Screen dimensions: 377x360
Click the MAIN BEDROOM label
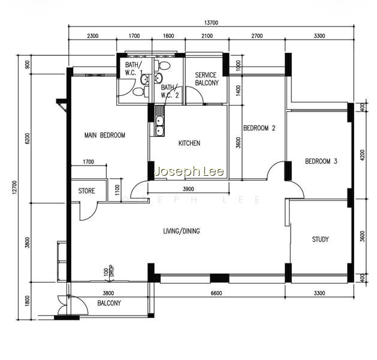point(104,135)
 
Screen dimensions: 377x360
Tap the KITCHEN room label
point(189,143)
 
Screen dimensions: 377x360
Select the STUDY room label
point(320,239)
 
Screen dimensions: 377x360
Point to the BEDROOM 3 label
point(321,161)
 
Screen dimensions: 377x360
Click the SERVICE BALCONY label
point(207,79)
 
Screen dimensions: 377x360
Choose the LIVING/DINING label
point(182,231)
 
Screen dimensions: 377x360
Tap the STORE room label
point(86,191)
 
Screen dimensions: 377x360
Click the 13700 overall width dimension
point(211,23)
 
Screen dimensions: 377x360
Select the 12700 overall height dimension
point(15,187)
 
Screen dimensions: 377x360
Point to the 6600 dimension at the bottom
point(216,293)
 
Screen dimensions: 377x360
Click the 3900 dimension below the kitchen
point(188,189)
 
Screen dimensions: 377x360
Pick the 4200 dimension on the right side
point(363,155)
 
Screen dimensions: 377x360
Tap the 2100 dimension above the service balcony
point(207,36)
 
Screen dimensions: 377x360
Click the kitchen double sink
point(159,126)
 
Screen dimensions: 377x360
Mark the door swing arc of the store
point(91,215)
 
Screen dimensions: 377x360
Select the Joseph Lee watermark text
point(189,172)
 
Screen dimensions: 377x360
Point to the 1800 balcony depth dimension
point(27,301)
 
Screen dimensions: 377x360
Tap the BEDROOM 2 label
point(259,128)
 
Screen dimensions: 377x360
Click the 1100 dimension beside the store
point(117,190)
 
